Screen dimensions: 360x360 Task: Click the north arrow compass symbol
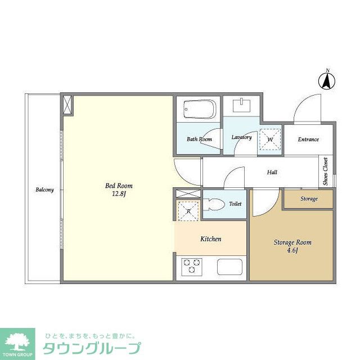[326, 80]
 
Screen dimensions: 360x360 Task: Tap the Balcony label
[44, 190]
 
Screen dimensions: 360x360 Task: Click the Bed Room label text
[119, 186]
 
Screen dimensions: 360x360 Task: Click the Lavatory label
[241, 137]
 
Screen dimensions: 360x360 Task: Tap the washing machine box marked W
[269, 139]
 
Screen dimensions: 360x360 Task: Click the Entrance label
[308, 139]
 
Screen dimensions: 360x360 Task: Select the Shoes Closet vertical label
[326, 172]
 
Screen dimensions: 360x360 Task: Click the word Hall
[272, 173]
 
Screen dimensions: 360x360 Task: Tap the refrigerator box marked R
[188, 211]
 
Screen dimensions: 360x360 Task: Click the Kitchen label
[211, 239]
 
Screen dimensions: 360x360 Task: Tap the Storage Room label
[292, 242]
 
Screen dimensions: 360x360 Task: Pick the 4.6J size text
[292, 251]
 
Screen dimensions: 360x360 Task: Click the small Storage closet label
[309, 199]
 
